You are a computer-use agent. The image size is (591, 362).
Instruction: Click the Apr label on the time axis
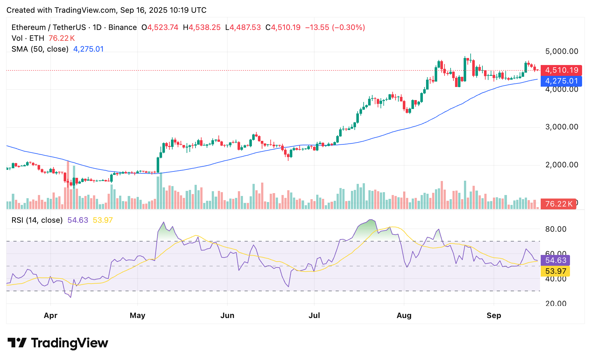point(51,315)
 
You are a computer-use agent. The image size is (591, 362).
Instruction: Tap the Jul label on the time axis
point(314,315)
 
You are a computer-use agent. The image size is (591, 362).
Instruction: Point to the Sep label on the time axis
point(494,315)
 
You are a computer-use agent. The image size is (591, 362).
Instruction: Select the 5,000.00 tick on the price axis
point(562,51)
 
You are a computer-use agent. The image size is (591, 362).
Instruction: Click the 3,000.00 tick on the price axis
point(562,127)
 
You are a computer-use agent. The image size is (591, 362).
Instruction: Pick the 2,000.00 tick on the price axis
point(562,165)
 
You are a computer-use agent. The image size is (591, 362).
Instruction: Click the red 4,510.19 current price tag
point(561,70)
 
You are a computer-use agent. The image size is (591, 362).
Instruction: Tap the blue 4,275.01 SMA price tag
point(561,81)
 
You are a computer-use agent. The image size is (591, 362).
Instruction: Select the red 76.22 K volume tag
point(559,204)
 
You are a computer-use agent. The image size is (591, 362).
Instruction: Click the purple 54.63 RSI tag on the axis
point(556,260)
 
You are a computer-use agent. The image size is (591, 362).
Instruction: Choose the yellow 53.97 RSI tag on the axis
point(556,271)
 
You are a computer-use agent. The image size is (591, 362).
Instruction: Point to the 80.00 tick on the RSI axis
point(556,229)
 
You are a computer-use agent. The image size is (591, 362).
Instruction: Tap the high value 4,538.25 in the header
point(205,27)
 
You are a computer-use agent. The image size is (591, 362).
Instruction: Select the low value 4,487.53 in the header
point(245,27)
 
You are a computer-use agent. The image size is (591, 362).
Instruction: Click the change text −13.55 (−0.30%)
point(335,27)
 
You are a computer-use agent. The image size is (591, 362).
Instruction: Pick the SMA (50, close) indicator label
point(40,49)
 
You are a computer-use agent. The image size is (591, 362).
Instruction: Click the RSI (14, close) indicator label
point(37,220)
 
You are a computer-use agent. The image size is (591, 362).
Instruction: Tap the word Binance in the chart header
point(123,27)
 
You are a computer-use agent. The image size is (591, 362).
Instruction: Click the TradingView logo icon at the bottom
point(17,343)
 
